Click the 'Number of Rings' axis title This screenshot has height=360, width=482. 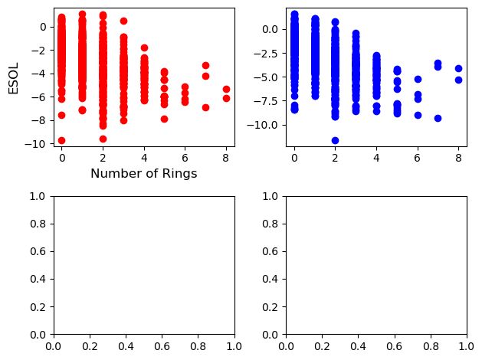pos(143,174)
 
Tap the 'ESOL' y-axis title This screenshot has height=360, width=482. pos(13,77)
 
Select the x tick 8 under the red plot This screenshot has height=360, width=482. pos(226,158)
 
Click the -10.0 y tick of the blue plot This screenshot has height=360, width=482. pos(268,125)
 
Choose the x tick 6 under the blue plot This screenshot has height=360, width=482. pos(418,158)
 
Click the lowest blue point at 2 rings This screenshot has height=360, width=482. pos(335,140)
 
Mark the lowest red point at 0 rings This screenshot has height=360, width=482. pos(61,140)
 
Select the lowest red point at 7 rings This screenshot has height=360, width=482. pos(205,107)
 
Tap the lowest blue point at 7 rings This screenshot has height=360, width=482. pos(438,118)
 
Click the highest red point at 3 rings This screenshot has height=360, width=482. pos(123,21)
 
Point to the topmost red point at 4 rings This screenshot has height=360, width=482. pos(144,47)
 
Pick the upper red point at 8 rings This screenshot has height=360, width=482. pos(226,89)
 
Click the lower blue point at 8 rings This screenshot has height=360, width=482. pos(458,80)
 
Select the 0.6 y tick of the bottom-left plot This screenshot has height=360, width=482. pos(40,252)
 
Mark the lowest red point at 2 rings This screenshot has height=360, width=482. pos(103,139)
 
